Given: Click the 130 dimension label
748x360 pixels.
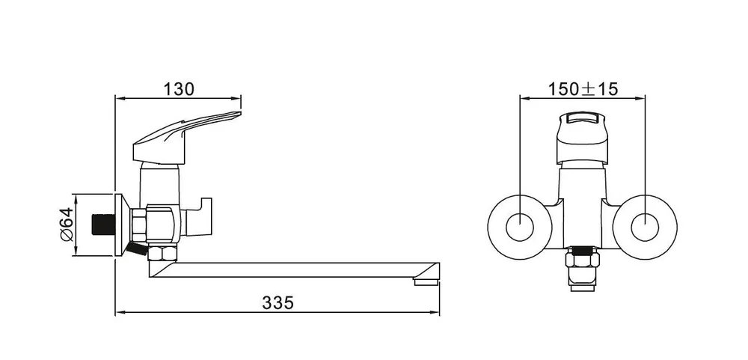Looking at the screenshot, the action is pos(179,89).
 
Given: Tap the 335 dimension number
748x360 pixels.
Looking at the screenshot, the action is pos(278,302).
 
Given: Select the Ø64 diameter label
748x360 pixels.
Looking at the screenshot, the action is pos(67,225).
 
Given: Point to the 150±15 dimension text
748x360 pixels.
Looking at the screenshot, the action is pos(583,89).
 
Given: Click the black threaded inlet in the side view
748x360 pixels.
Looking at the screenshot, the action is pos(103,225).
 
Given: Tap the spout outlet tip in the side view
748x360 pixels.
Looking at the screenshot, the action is pos(426,281).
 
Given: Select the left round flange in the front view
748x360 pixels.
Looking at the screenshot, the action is pos(520,228).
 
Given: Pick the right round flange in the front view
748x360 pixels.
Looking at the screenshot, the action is pos(645,228).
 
